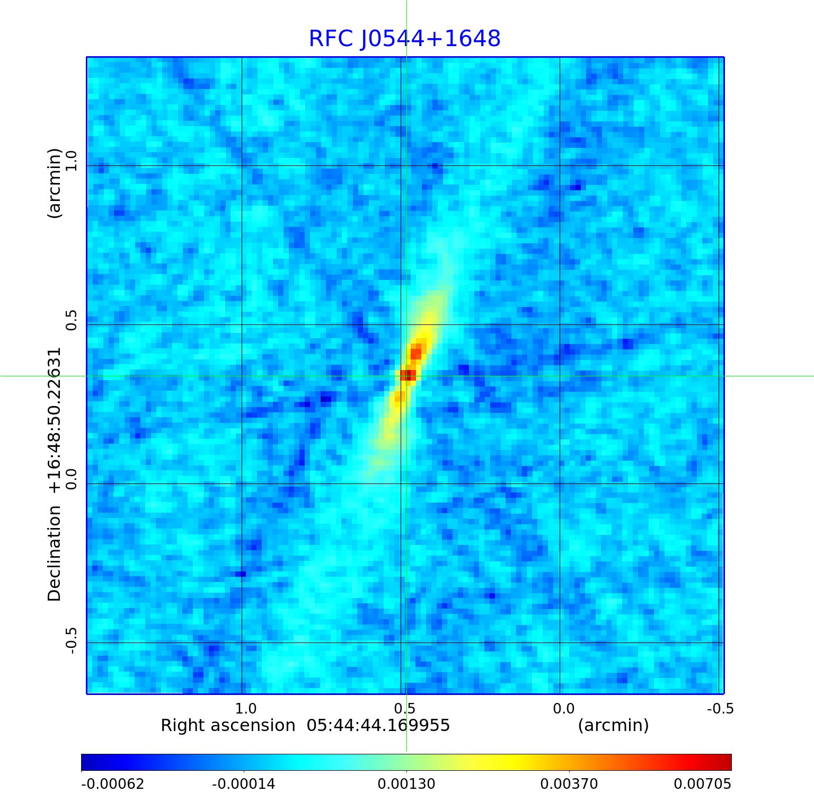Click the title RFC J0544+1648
[x=404, y=39]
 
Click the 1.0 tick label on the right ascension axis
[x=245, y=709]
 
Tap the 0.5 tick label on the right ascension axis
[x=404, y=709]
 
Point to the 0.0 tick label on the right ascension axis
[x=563, y=709]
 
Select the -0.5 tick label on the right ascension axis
[x=720, y=709]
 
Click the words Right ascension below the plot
[x=228, y=725]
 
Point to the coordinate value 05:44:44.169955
[x=378, y=725]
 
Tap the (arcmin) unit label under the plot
[x=613, y=725]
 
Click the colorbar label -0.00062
[x=112, y=784]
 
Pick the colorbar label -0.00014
[x=244, y=784]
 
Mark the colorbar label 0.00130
[x=406, y=784]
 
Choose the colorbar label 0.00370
[x=569, y=784]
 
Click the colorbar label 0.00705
[x=702, y=784]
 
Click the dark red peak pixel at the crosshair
[x=408, y=375]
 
